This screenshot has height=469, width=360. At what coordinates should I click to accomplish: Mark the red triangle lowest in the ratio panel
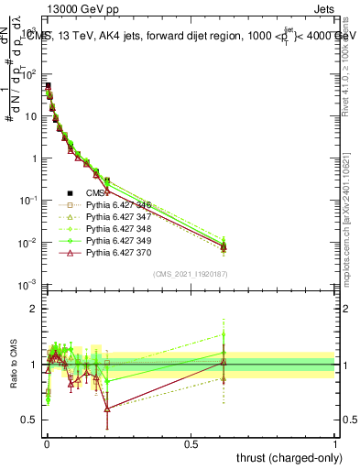[x=107, y=409]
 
